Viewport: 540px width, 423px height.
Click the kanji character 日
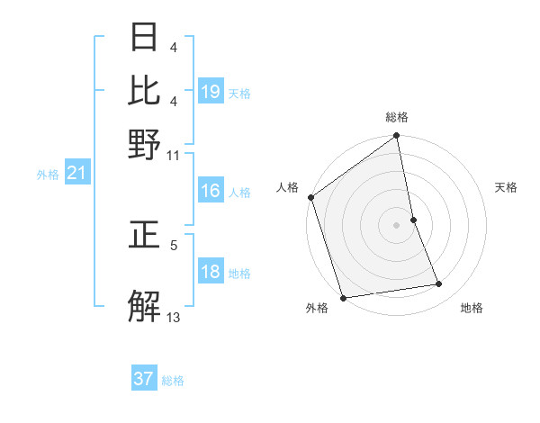point(145,39)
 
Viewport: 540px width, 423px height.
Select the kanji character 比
point(145,91)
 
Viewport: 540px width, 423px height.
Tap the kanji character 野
point(145,144)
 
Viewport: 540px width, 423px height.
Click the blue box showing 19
point(211,92)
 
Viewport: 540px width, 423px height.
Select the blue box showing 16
point(211,191)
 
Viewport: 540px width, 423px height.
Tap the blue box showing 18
point(211,273)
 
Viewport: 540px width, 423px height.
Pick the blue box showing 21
point(76,174)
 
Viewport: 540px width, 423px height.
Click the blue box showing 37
point(144,379)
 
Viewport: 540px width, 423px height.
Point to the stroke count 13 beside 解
point(174,316)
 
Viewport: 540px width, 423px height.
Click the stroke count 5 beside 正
point(174,244)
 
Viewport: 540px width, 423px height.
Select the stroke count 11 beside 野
point(174,155)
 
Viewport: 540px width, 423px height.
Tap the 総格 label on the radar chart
point(397,117)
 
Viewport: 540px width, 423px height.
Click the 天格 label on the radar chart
point(506,187)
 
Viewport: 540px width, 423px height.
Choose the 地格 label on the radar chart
point(472,309)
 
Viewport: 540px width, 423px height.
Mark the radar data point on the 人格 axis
point(310,197)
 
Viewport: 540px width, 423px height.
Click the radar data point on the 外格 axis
point(343,298)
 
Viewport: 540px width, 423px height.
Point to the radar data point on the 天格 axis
point(413,220)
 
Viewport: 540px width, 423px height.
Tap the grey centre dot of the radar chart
point(397,225)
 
